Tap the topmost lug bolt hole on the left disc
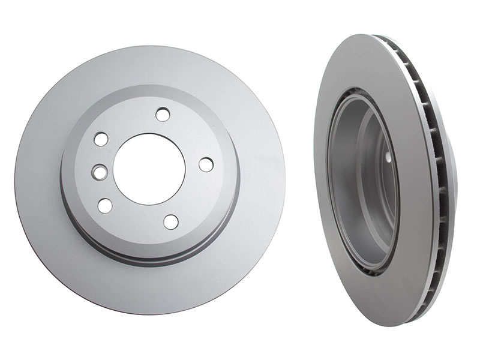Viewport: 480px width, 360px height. (x=163, y=114)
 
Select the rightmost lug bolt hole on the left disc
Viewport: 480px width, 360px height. (x=206, y=164)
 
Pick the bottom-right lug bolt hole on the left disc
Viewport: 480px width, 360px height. (x=171, y=221)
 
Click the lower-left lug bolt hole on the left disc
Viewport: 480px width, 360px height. (x=105, y=205)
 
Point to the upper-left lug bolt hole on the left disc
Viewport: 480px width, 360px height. (x=101, y=139)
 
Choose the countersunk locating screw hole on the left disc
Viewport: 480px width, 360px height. (x=98, y=172)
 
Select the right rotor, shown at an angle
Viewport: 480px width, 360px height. (x=384, y=180)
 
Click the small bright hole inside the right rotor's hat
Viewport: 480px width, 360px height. (x=388, y=157)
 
